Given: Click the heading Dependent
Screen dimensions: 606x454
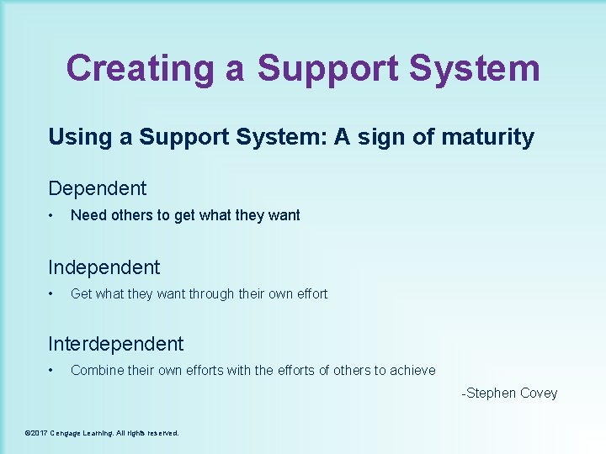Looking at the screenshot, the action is tap(98, 188).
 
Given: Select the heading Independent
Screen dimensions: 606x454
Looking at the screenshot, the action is tap(104, 267).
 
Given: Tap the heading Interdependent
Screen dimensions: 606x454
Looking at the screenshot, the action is tap(116, 344).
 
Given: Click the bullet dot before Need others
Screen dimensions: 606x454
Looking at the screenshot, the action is tap(52, 215).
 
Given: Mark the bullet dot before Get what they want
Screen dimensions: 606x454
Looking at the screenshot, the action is tap(52, 293).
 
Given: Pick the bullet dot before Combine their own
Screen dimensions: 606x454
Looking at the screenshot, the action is tap(52, 370).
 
